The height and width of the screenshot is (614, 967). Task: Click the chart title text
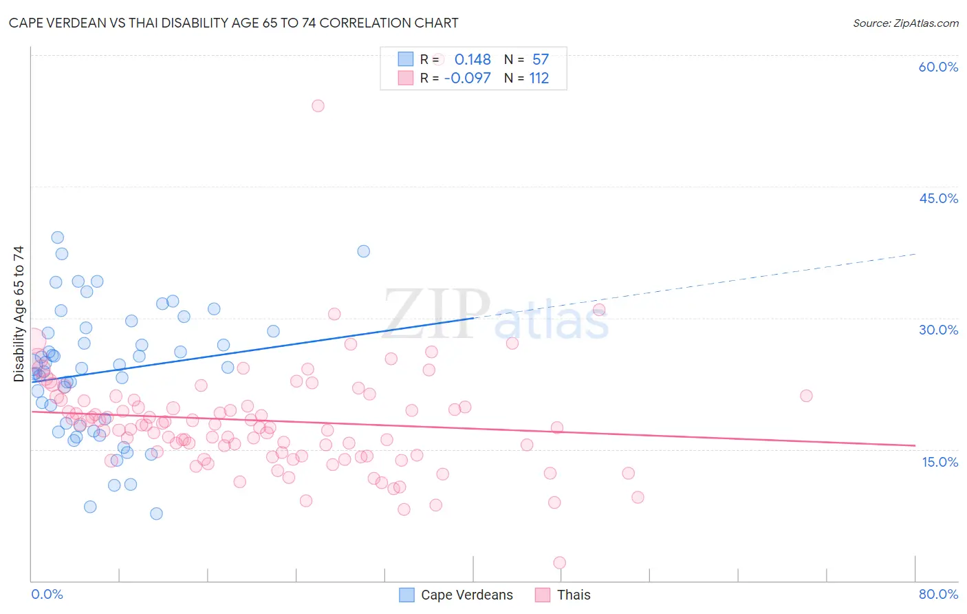click(234, 23)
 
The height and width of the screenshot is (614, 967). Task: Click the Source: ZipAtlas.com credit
click(905, 23)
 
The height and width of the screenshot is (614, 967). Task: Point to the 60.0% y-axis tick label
click(938, 67)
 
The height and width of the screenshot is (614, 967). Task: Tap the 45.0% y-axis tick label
click(938, 198)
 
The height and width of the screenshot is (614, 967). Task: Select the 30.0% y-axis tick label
click(938, 330)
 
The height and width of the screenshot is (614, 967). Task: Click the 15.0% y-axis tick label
click(939, 462)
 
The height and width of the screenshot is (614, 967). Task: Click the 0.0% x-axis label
click(47, 594)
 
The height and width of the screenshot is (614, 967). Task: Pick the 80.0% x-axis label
click(938, 594)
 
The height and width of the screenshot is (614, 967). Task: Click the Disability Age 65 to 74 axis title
click(19, 314)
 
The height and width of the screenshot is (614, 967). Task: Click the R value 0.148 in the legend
click(472, 60)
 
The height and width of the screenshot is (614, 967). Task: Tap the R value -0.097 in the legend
click(468, 78)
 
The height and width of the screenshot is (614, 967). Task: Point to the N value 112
click(539, 78)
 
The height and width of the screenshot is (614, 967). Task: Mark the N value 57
click(541, 60)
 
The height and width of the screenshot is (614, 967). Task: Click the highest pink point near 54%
click(318, 106)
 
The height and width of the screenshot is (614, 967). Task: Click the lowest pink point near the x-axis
click(559, 563)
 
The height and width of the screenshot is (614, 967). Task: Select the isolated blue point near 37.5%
click(364, 251)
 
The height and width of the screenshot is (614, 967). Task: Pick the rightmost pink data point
click(806, 396)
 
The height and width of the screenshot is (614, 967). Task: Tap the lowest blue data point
click(156, 514)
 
